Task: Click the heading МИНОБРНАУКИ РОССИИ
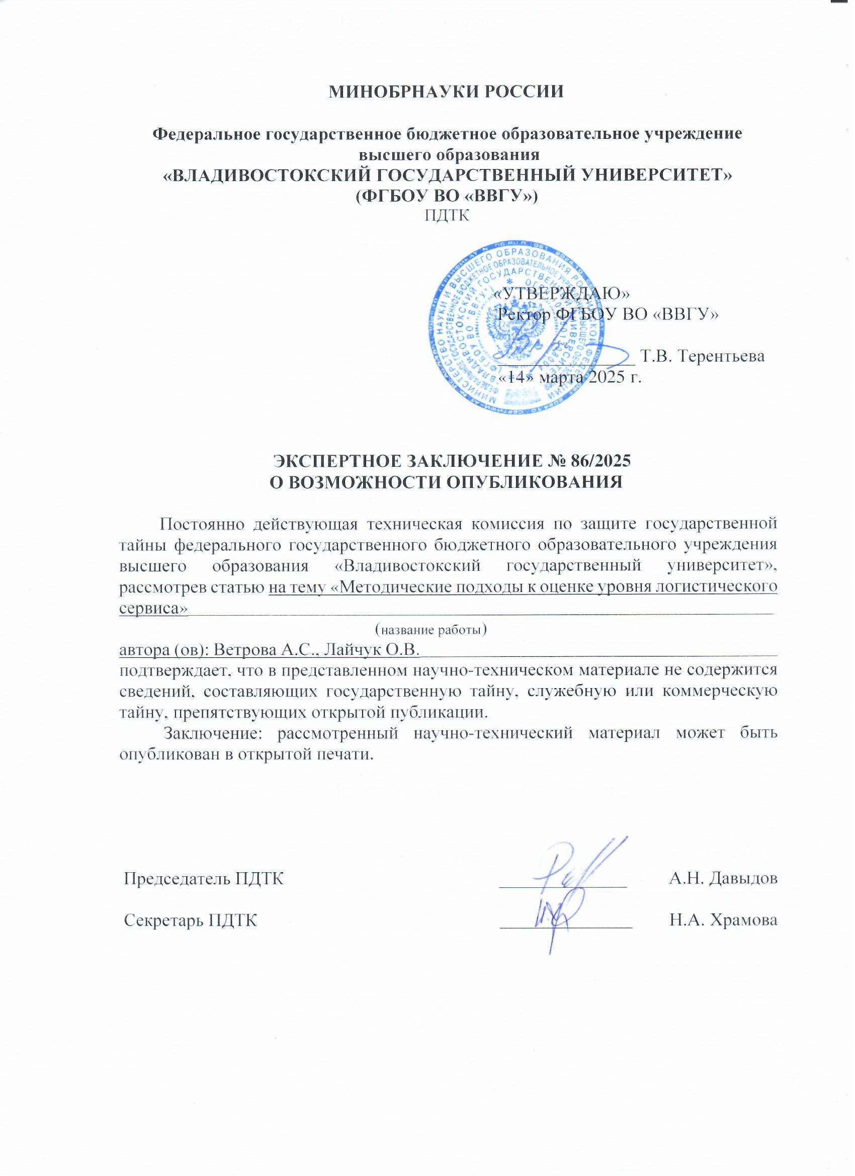[447, 92]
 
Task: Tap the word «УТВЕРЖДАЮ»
[562, 293]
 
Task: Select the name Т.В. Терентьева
[703, 357]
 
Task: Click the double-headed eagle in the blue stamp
[510, 332]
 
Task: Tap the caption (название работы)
[431, 629]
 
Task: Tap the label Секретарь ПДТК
[191, 920]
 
